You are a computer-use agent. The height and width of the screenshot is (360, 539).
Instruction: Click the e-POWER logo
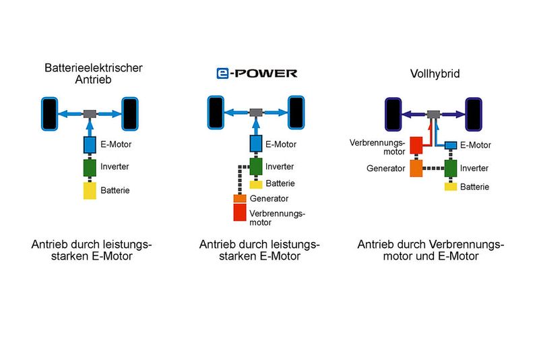[x=257, y=73]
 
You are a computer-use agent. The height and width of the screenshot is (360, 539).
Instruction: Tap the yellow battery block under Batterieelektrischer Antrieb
[x=90, y=190]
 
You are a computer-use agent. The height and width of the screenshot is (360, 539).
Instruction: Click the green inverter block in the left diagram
[x=90, y=167]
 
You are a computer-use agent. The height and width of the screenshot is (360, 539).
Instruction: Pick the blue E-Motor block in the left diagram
[x=90, y=144]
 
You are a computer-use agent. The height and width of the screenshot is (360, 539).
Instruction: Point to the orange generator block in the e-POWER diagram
[x=240, y=199]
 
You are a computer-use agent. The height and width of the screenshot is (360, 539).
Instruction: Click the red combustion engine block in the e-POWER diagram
[x=240, y=213]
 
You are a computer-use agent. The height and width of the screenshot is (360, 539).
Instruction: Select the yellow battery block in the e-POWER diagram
[x=256, y=184]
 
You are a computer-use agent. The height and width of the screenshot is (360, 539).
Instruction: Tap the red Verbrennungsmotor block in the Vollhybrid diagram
[x=416, y=146]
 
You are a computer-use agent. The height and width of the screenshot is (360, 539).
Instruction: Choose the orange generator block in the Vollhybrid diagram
[x=416, y=168]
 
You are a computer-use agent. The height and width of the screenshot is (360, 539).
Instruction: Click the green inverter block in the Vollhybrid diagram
[x=451, y=168]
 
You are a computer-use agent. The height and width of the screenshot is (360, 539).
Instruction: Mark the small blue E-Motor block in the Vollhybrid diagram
[x=451, y=145]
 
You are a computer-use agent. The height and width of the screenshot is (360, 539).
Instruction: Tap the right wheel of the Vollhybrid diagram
[x=474, y=113]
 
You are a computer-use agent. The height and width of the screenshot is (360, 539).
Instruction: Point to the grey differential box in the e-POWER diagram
[x=256, y=113]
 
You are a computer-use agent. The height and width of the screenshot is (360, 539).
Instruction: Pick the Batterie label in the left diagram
[x=115, y=191]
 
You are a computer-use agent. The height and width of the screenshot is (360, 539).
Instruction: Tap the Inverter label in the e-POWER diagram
[x=280, y=167]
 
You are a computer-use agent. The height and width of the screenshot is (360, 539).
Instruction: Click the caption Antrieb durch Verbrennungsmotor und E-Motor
[x=431, y=250]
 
